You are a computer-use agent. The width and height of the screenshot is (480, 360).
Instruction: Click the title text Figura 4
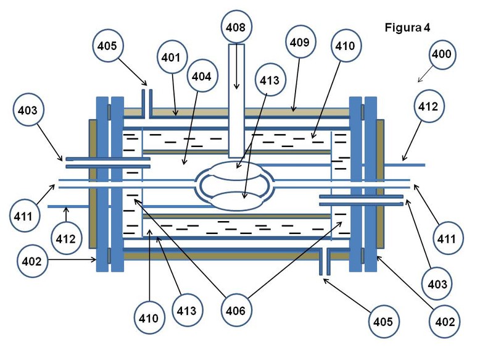coord(407,28)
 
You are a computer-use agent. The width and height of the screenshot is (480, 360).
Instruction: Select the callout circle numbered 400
coord(442,54)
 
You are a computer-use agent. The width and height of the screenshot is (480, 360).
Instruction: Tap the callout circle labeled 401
coord(171,57)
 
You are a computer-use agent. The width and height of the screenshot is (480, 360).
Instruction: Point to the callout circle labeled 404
coord(201,77)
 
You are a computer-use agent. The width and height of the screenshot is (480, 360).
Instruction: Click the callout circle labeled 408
coord(236,27)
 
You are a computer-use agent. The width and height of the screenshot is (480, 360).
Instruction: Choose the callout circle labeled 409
coord(300,42)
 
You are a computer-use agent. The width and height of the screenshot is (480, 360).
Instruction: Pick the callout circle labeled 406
coord(236,311)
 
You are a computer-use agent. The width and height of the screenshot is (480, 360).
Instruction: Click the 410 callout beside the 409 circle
coord(345,46)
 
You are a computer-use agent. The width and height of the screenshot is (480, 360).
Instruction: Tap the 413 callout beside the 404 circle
coord(270,80)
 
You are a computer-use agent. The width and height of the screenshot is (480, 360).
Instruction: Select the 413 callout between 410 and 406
coord(186,311)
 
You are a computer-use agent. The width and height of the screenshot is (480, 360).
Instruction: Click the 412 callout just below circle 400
coord(428,106)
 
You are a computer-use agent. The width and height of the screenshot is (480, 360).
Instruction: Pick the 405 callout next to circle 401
coord(107,46)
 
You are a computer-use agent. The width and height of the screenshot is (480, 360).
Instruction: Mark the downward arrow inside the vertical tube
coord(236,67)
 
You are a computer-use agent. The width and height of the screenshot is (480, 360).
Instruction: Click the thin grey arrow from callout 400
coord(426,74)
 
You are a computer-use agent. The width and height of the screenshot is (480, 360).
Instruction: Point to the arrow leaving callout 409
coord(296,85)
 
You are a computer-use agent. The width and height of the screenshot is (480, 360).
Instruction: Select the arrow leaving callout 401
coord(175,95)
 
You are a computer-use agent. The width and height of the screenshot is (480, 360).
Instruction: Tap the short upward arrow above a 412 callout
coord(66,215)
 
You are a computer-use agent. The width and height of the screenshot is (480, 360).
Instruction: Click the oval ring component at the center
coord(236,186)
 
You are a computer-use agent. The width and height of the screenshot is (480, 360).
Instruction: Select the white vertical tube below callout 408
coord(236,101)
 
